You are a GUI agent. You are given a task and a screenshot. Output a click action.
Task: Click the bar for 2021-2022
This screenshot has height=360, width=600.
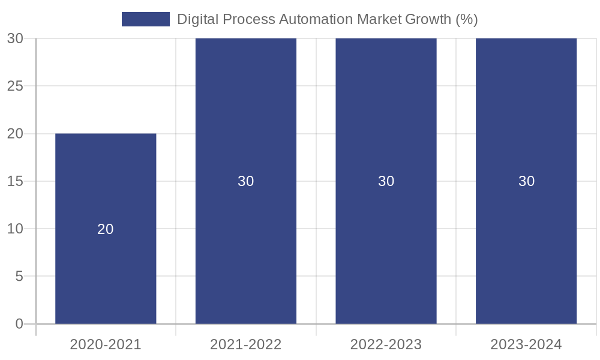pos(246,120)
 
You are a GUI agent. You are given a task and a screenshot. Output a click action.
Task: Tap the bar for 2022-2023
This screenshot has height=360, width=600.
pos(386,120)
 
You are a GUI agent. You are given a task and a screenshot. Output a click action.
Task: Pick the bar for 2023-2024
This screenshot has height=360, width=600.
pos(526,120)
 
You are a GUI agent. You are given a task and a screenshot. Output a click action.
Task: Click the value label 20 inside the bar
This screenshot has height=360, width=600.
pos(106,229)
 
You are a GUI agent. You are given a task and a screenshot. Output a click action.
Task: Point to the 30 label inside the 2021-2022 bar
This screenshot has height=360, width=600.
pos(246,181)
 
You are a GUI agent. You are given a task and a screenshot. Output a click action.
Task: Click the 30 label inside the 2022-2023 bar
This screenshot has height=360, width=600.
pos(386,181)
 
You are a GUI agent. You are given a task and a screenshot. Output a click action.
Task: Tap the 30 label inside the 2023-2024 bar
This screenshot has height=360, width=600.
pos(526,181)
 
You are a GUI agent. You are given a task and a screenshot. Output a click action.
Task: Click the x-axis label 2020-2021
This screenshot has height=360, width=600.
pos(106,344)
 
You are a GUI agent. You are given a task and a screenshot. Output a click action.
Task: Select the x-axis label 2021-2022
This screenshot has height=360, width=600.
pos(246,344)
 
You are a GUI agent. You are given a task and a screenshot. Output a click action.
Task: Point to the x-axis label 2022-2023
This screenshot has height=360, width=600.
pos(386,344)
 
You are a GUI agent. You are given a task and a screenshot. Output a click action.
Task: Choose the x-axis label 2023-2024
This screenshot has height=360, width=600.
pos(526,344)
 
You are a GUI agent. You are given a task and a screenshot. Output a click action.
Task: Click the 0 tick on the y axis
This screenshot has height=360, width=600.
pos(19,324)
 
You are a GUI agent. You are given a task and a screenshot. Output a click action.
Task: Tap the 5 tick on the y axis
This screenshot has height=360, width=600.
pos(19,277)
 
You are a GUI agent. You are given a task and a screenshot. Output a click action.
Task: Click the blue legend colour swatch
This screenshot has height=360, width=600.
pos(145,19)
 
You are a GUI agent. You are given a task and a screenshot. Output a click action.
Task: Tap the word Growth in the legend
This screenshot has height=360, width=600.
pos(428,19)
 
